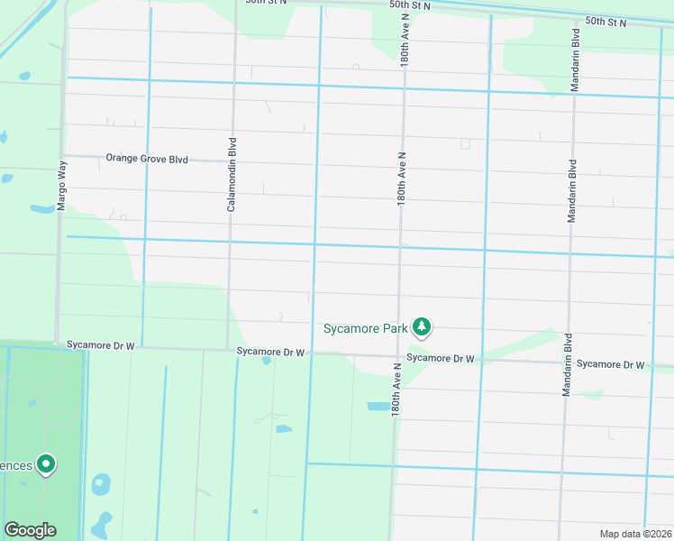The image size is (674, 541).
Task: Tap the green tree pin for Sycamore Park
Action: (421, 326)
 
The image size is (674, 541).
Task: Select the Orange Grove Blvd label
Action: (147, 158)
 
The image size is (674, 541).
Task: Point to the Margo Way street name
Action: (62, 187)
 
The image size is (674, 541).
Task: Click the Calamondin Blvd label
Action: (232, 175)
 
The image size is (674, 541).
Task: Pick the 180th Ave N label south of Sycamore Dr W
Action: (396, 389)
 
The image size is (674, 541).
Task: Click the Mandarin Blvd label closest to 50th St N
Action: (575, 60)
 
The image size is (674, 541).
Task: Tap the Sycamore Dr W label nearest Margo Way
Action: (100, 345)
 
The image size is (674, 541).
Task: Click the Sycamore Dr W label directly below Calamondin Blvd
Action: (270, 351)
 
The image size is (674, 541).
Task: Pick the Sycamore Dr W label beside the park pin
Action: (440, 358)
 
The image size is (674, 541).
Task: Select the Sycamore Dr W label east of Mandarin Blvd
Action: (610, 364)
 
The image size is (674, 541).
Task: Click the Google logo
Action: (30, 530)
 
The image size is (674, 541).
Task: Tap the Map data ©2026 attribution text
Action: (634, 534)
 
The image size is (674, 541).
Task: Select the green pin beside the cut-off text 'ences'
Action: (45, 464)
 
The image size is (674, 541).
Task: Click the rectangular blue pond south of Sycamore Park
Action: (378, 407)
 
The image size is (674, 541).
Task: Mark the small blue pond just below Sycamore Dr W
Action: (267, 361)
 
